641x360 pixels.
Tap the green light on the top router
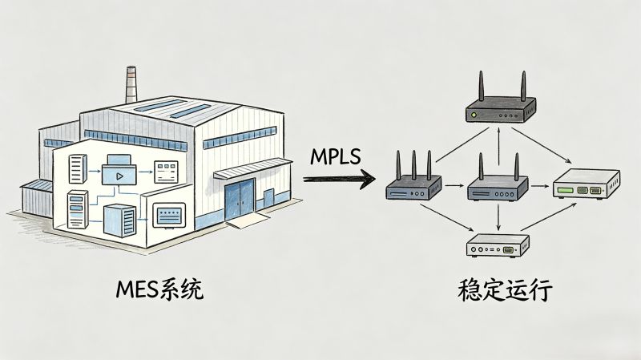point(474,115)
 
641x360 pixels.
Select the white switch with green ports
point(587,187)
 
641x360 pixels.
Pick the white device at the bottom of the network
point(498,246)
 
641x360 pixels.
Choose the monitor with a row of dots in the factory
point(168,215)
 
